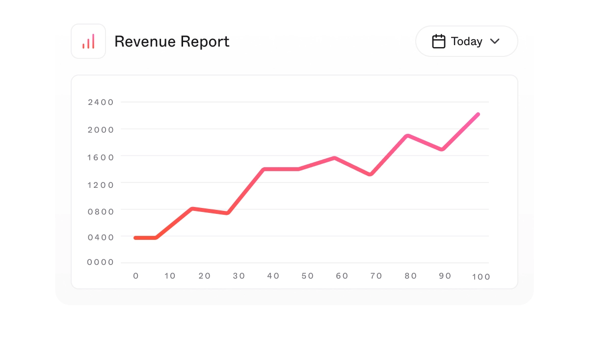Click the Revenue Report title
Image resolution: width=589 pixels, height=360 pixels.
(172, 42)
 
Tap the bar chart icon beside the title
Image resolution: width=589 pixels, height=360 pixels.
(88, 42)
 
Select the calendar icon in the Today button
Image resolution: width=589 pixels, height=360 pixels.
(438, 41)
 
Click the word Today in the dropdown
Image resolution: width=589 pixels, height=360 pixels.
(466, 42)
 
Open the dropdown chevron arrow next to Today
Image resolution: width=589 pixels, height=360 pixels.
(495, 41)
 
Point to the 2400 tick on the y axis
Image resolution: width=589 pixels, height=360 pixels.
(101, 103)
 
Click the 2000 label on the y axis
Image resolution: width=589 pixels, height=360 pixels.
(101, 130)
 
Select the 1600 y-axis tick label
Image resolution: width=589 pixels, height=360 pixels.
(101, 157)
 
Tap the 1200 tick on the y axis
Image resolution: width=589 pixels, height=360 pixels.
(101, 185)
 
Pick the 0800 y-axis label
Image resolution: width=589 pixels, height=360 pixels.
(101, 212)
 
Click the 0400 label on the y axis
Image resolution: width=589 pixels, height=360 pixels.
(101, 237)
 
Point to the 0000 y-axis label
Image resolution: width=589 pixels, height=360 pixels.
(101, 262)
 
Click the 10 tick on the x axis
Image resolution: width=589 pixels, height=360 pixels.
(170, 276)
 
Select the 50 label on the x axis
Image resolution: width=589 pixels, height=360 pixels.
(307, 276)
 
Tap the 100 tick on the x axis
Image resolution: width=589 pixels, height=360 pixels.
(481, 277)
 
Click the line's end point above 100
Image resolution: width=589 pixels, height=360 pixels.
(478, 114)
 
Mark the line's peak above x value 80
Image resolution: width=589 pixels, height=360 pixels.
(407, 136)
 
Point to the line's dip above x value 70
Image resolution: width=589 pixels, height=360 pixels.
(370, 174)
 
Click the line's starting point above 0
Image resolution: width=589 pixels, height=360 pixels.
(135, 238)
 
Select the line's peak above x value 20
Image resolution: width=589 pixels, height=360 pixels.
(192, 209)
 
